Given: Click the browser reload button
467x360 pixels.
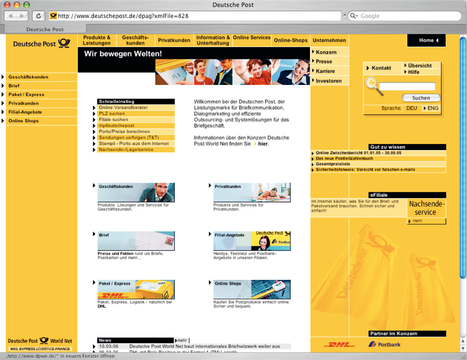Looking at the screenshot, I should (x=39, y=16).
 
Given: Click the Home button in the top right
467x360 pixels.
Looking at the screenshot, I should (x=426, y=40).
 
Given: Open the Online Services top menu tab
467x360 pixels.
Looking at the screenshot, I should (x=252, y=38).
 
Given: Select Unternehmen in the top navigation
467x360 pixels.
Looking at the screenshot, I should (x=329, y=40).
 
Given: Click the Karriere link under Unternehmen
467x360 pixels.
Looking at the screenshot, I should (x=325, y=71).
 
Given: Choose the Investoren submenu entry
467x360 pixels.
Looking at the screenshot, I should (x=328, y=81).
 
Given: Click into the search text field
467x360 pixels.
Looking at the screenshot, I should (x=407, y=87).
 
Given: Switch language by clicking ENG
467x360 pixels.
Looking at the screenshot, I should (x=433, y=108).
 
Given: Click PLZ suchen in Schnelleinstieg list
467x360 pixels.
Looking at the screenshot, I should (x=112, y=114).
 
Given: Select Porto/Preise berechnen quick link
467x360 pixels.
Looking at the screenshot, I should (x=124, y=132).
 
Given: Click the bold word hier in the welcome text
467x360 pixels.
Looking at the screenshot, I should (x=263, y=144).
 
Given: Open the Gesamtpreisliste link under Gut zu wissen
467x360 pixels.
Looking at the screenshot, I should (x=333, y=164).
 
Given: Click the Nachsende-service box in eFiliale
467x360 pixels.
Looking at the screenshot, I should (x=426, y=208).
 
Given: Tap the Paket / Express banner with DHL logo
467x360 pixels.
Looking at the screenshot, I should (x=136, y=289).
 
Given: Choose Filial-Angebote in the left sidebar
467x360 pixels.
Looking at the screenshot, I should (x=25, y=112).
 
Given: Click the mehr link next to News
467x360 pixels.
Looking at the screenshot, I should (x=181, y=340).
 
